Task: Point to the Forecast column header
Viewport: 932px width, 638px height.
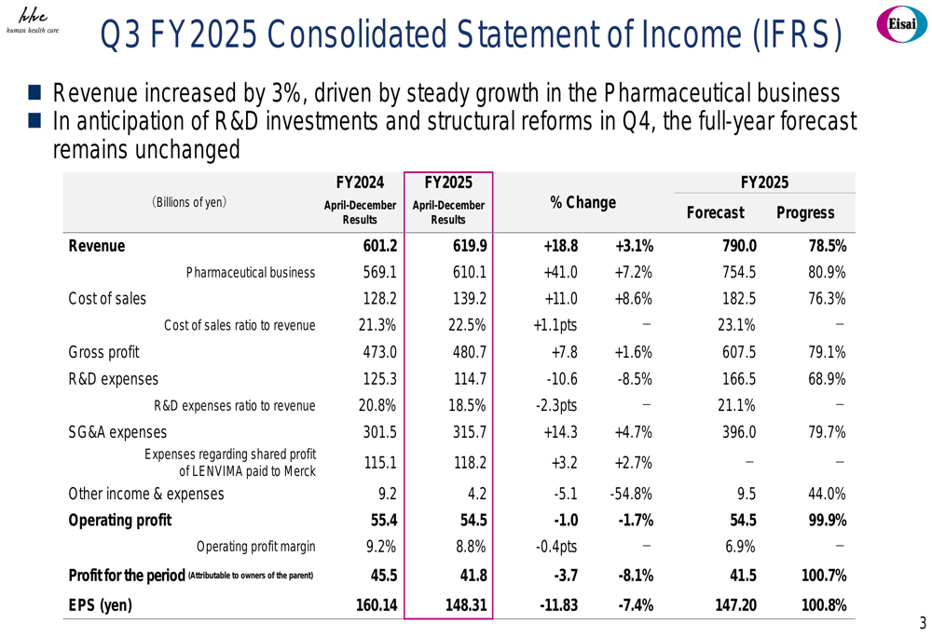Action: [715, 213]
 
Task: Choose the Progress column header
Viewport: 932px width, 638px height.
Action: [804, 213]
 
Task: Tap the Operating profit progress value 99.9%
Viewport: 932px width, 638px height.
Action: [823, 520]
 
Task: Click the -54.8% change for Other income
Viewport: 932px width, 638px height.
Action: [631, 494]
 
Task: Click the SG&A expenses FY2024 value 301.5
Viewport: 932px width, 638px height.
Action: [378, 431]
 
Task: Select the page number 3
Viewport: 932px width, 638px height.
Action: [922, 623]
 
